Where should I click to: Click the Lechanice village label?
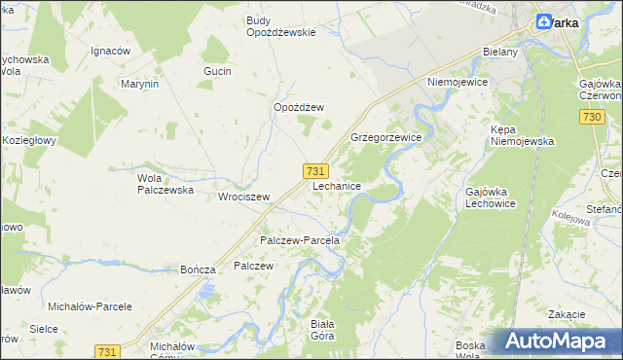click(338, 185)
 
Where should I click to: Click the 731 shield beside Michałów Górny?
click(108, 350)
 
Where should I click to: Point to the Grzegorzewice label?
click(385, 138)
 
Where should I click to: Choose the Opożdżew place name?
click(298, 107)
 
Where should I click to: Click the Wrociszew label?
click(243, 195)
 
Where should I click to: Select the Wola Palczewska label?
click(162, 185)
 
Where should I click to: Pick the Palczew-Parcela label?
click(299, 239)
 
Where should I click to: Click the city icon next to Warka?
click(543, 21)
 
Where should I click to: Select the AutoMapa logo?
click(556, 341)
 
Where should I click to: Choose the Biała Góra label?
click(321, 330)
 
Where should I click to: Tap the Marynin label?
click(139, 84)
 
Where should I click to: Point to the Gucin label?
click(216, 71)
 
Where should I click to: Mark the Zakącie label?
click(566, 314)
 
